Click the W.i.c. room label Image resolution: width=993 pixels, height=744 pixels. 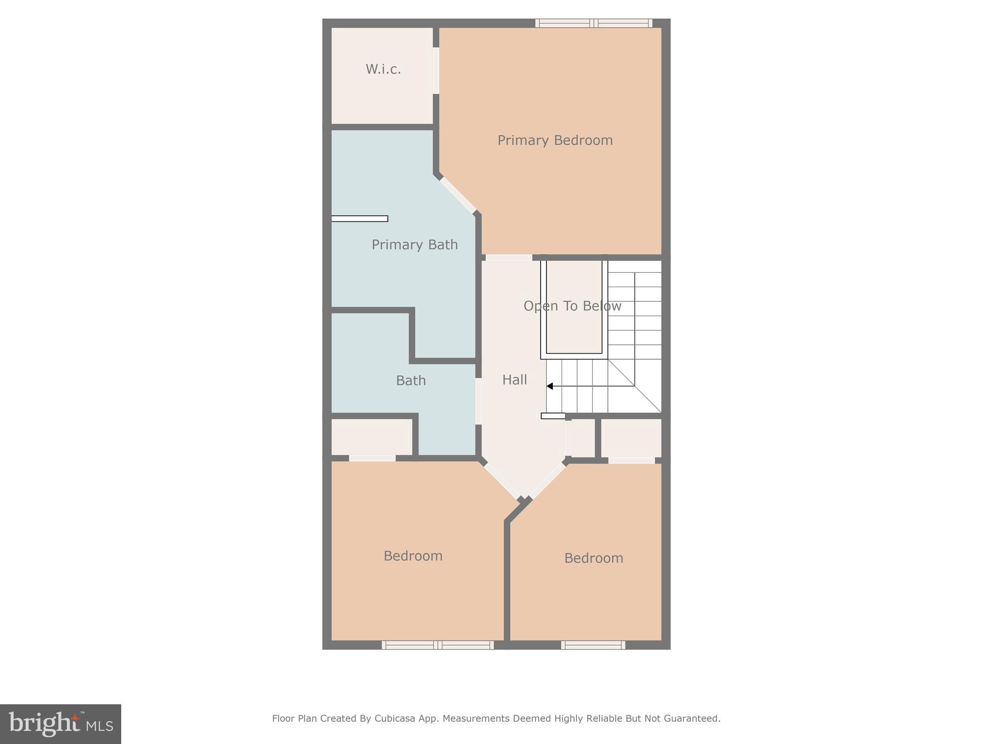(x=383, y=70)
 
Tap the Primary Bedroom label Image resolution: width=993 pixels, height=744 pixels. (x=555, y=140)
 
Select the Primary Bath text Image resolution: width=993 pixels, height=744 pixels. (x=415, y=245)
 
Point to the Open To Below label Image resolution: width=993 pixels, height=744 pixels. (x=572, y=306)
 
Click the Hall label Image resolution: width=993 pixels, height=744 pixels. (x=514, y=380)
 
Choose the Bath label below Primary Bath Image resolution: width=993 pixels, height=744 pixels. (x=411, y=381)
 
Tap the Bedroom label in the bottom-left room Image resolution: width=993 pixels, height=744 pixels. (x=413, y=556)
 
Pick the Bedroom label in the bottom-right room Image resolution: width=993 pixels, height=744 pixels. (x=593, y=558)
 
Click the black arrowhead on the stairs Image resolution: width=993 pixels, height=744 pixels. (x=550, y=386)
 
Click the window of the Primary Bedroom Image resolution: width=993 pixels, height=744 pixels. (x=593, y=23)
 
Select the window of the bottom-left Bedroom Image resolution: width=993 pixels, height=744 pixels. (x=437, y=645)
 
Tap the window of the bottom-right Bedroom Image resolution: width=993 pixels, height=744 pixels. (x=593, y=645)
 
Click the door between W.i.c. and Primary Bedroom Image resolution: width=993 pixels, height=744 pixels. (x=436, y=70)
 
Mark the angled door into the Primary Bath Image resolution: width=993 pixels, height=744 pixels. (x=458, y=195)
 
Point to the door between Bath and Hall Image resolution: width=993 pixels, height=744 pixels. (x=479, y=401)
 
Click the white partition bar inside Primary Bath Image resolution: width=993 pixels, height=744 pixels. (x=359, y=218)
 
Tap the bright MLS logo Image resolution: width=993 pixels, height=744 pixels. (x=61, y=724)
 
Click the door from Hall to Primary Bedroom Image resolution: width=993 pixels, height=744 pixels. (x=509, y=258)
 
